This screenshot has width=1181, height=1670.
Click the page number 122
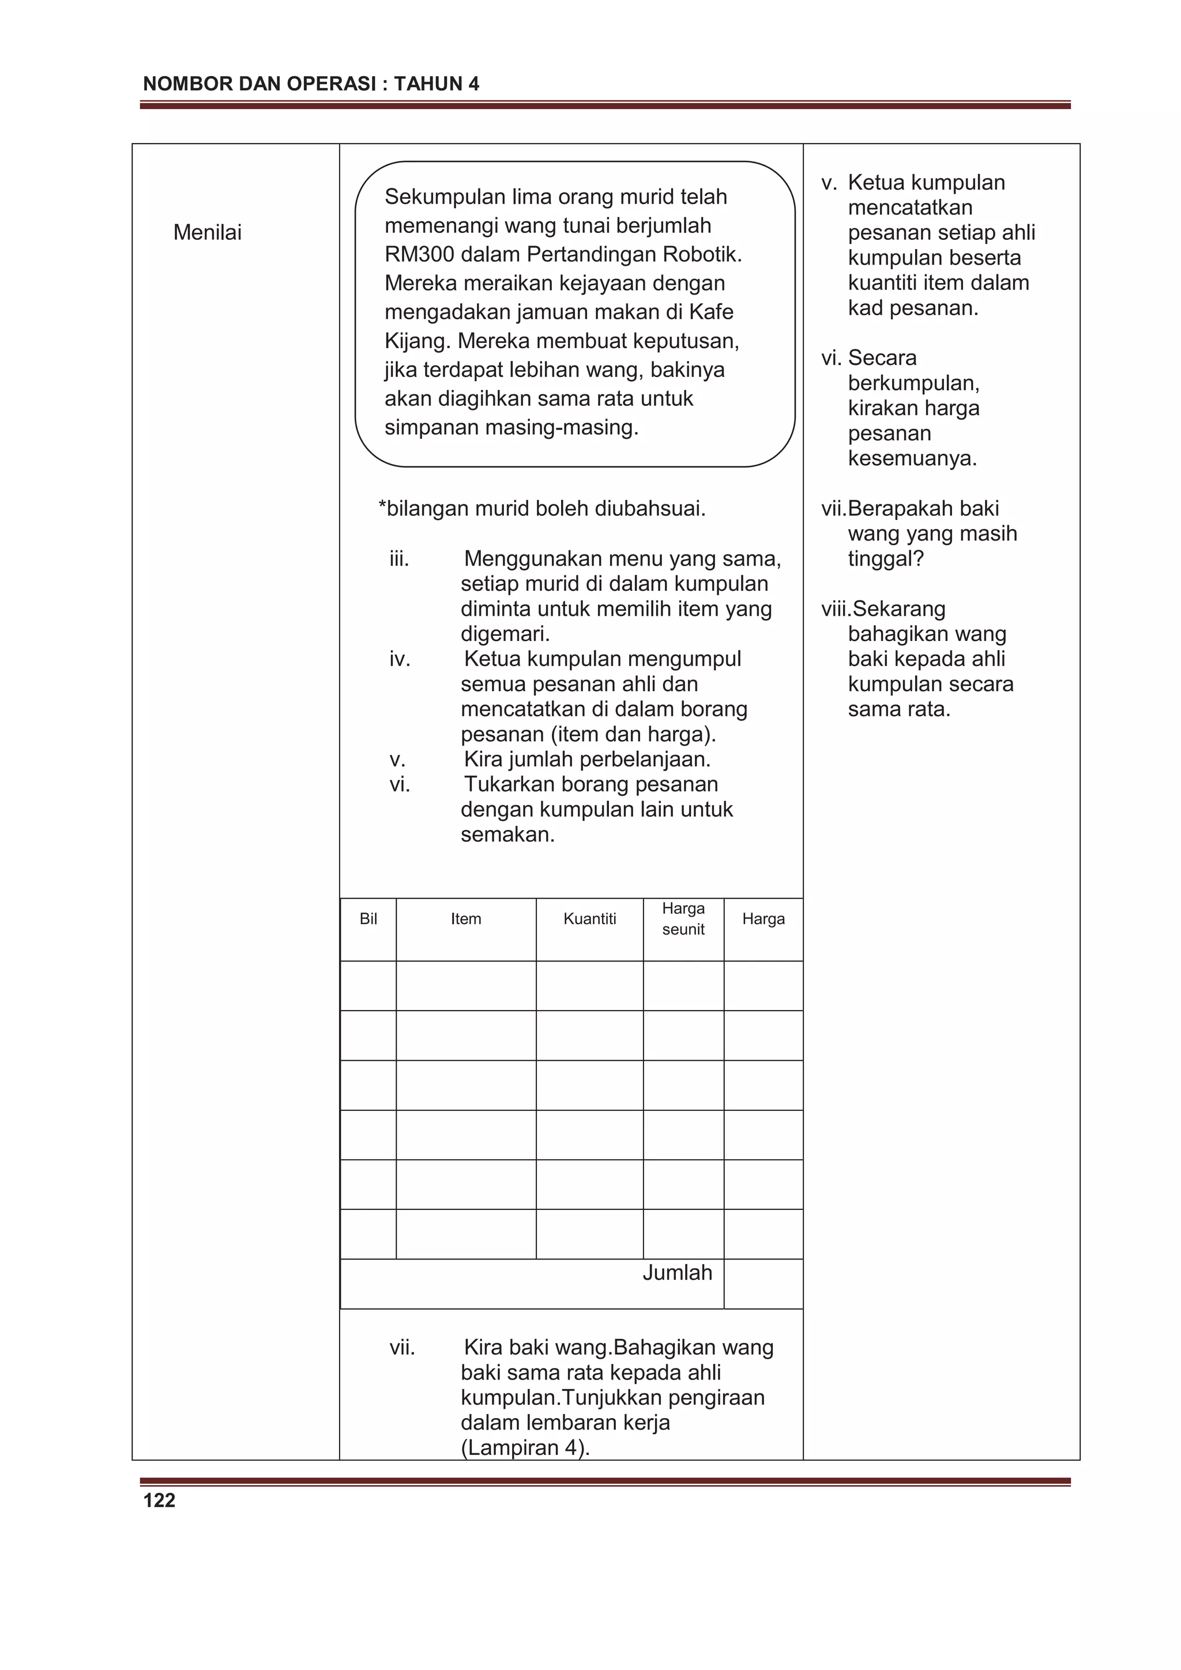[159, 1501]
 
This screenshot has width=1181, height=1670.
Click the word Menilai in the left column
[208, 233]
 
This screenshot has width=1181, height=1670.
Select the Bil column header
[368, 919]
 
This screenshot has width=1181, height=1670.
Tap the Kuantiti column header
[589, 919]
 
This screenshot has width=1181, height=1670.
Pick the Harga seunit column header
[683, 919]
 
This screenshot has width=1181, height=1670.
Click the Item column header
[466, 919]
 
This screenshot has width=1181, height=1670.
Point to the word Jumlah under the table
[677, 1273]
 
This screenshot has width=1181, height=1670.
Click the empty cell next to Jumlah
[763, 1284]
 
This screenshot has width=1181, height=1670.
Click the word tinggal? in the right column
[886, 559]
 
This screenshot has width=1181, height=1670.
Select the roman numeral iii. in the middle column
[400, 559]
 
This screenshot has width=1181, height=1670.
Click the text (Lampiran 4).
[525, 1448]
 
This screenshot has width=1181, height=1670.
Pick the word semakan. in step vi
[508, 835]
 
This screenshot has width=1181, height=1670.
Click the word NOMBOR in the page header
[178, 84]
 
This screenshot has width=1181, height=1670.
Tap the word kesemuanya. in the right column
[912, 459]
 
